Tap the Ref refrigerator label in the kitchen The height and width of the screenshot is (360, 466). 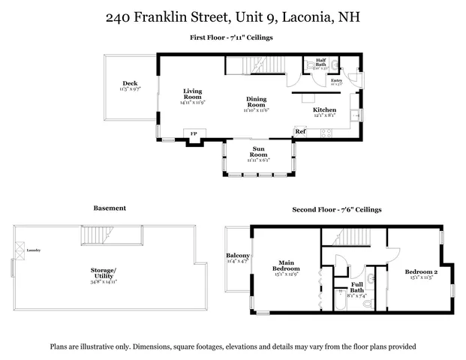pyautogui.click(x=300, y=131)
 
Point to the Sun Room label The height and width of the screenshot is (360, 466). pyautogui.click(x=258, y=151)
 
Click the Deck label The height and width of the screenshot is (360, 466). pyautogui.click(x=130, y=83)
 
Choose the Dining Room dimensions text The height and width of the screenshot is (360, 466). pyautogui.click(x=257, y=110)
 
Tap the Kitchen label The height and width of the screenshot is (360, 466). pyautogui.click(x=324, y=109)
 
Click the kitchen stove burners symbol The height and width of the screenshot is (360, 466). pyautogui.click(x=326, y=133)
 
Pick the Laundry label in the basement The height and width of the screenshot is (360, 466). pyautogui.click(x=34, y=250)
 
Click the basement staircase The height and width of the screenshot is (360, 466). pyautogui.click(x=101, y=238)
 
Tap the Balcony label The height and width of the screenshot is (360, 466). pyautogui.click(x=238, y=256)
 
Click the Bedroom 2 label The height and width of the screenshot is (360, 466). pyautogui.click(x=421, y=271)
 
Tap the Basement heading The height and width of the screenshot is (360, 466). pyautogui.click(x=110, y=208)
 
